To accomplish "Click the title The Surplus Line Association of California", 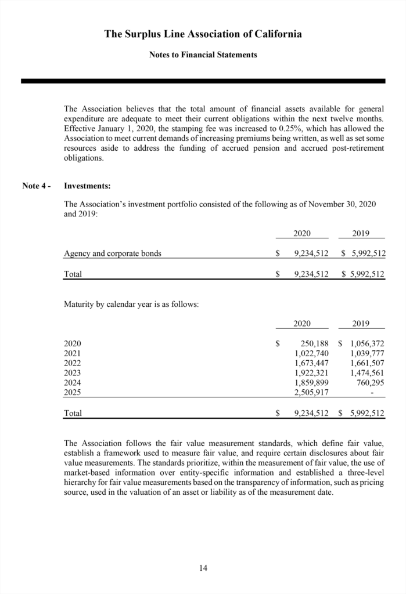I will [203, 34].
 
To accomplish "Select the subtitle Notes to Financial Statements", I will [203, 55].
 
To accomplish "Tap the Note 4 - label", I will [37, 186].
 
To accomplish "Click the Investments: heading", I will [87, 186].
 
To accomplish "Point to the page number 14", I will [203, 568].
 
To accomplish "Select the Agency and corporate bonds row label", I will [112, 253].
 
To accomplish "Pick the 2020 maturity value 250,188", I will [313, 344].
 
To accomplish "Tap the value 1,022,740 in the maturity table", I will [312, 353].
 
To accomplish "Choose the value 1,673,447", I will [312, 363].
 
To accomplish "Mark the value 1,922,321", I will [312, 372].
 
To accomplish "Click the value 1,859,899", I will [312, 382].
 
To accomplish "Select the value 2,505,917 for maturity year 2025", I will [312, 392].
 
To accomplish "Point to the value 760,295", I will [370, 382].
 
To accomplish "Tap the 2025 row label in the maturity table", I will [73, 392].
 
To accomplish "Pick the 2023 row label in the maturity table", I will [73, 372].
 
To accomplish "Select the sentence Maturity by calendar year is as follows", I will [131, 305].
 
